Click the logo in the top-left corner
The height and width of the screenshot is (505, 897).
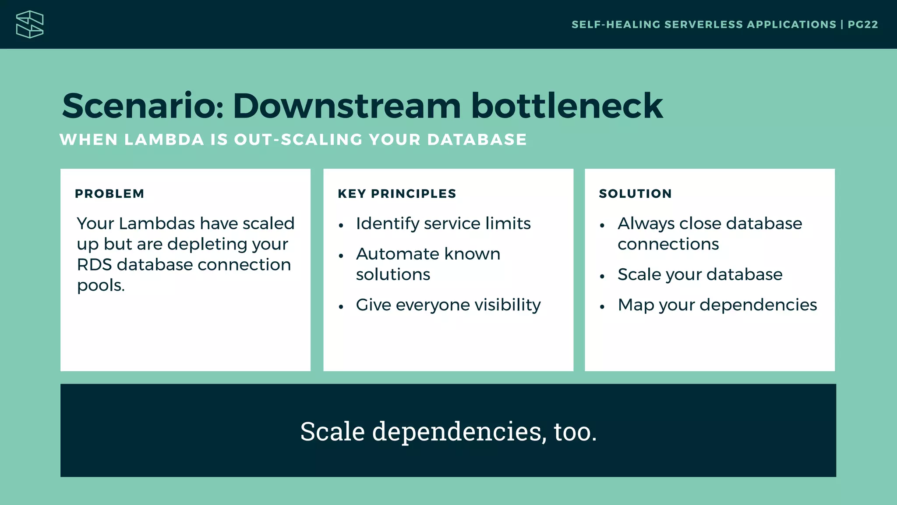point(30,25)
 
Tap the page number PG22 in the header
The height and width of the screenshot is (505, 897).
point(862,25)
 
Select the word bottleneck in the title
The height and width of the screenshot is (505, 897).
point(567,106)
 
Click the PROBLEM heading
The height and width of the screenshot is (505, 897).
point(109,194)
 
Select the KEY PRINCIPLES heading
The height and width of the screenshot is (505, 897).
point(397,194)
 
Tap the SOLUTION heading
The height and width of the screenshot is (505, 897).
point(635,194)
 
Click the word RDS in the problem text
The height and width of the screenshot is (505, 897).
point(94,265)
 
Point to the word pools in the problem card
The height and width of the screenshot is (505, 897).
point(100,286)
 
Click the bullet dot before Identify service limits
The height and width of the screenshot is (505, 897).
point(341,226)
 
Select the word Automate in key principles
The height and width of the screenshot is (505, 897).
point(397,254)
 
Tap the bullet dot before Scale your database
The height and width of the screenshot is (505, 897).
point(602,277)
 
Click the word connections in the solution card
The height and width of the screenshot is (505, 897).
point(668,244)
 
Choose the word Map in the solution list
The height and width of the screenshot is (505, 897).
point(636,305)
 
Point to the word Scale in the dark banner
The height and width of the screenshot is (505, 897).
point(332,431)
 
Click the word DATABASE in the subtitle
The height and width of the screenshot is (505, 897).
point(477,140)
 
